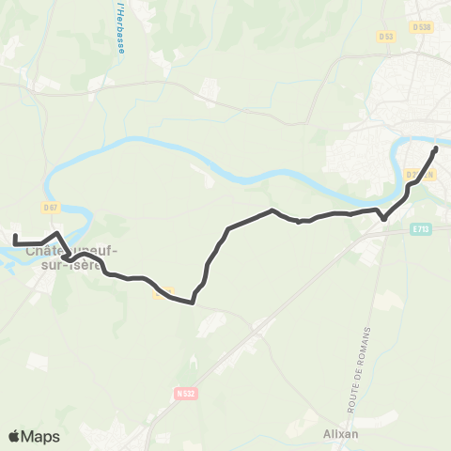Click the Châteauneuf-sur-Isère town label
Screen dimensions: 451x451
[67, 257]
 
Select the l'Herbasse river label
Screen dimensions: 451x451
[121, 28]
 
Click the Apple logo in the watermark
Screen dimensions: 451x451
[14, 437]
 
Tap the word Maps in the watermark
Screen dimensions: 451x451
[40, 437]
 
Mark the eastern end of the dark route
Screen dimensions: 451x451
[436, 149]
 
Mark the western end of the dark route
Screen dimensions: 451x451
[15, 235]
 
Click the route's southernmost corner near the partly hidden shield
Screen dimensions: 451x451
[192, 303]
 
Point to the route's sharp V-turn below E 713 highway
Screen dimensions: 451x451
[382, 220]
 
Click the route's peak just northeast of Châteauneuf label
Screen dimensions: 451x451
[57, 233]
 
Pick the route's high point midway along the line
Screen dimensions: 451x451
[272, 210]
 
